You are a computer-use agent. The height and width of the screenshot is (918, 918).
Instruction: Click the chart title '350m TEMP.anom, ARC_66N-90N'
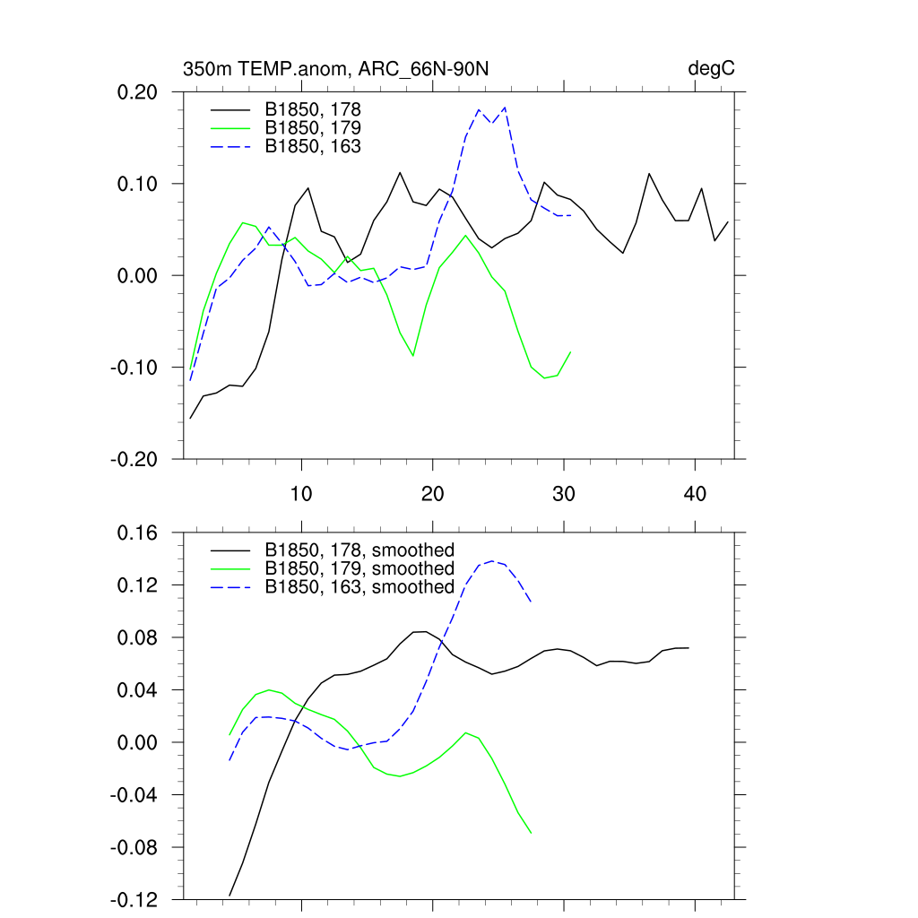point(335,70)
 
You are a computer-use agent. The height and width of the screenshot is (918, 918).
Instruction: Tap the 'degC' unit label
point(711,70)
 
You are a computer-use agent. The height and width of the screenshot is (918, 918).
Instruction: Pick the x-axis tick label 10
point(301,494)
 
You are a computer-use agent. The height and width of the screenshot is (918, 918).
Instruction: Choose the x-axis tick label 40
point(695,494)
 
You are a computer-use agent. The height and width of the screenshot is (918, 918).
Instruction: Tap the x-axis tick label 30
point(564,494)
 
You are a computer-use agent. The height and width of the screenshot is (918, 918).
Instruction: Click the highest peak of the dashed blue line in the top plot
point(506,108)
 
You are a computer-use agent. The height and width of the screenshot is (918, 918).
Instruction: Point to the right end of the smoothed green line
point(532,834)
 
